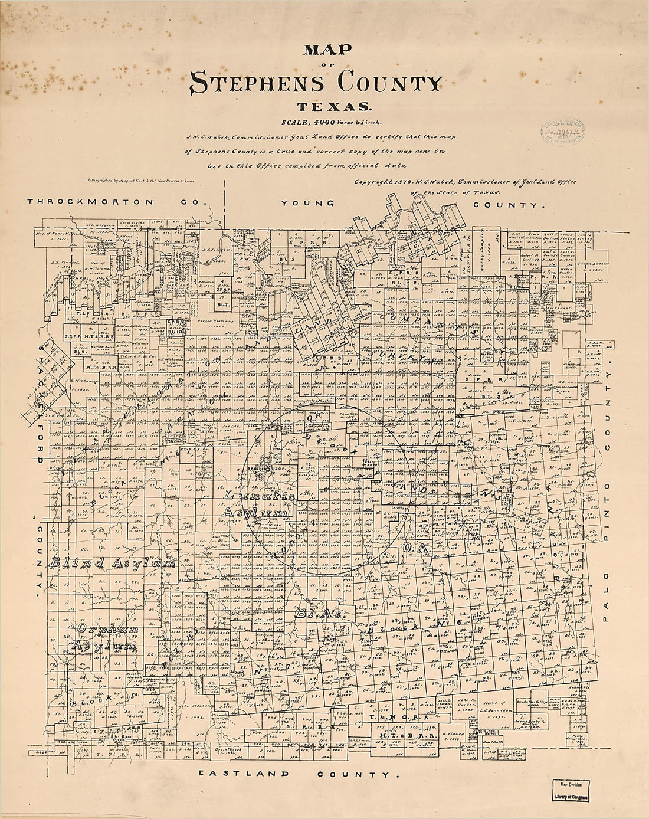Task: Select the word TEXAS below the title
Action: click(334, 107)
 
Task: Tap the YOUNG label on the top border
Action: click(307, 203)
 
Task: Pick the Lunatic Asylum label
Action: click(258, 504)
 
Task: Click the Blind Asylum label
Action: click(113, 564)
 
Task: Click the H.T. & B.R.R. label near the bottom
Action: click(407, 736)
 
